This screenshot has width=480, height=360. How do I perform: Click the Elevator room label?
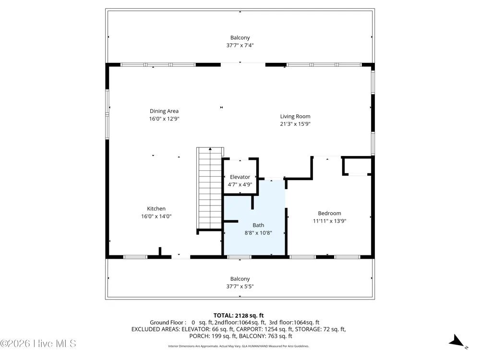240,177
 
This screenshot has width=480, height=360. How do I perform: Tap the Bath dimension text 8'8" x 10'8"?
258,233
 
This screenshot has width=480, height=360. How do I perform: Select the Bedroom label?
329,214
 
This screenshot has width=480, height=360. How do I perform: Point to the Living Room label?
295,116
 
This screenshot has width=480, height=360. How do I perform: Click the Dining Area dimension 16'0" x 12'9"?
164,119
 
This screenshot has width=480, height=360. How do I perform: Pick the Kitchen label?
156,209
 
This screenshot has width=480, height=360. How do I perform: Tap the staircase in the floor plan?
210,188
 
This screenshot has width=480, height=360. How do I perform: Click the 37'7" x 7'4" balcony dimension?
240,45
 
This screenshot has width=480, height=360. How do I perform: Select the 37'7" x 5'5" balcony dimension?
240,287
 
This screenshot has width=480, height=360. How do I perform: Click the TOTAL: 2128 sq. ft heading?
239,315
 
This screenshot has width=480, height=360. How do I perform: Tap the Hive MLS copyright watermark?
38,344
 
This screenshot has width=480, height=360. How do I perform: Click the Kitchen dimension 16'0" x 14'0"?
156,216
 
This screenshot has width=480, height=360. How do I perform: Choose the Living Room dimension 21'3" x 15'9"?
295,124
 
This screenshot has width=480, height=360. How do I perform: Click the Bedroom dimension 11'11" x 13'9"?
329,221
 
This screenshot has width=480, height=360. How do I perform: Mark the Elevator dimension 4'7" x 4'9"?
240,185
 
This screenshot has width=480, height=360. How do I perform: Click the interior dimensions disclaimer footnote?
239,346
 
